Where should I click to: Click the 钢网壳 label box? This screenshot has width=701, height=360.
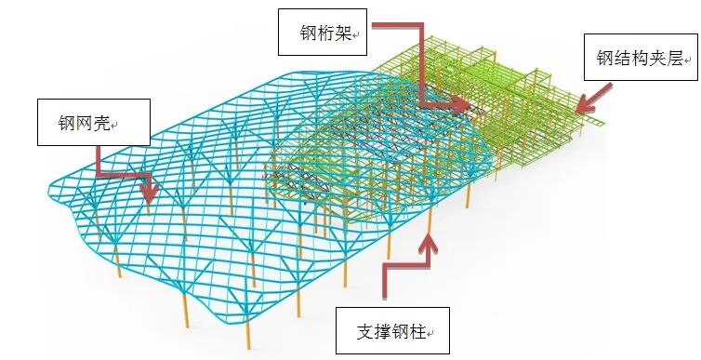coord(93,121)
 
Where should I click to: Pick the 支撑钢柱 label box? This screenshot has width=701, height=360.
coord(391,330)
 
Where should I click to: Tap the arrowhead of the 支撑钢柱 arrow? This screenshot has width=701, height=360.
coord(429,240)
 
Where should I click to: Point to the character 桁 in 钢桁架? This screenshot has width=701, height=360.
coord(325,35)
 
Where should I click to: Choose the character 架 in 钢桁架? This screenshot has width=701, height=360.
coord(343,35)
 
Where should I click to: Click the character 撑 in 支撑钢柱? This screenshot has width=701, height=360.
coord(383,330)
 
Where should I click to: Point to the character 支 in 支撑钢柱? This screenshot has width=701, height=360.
coord(365,330)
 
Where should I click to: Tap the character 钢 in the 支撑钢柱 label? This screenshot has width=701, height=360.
coord(401,330)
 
